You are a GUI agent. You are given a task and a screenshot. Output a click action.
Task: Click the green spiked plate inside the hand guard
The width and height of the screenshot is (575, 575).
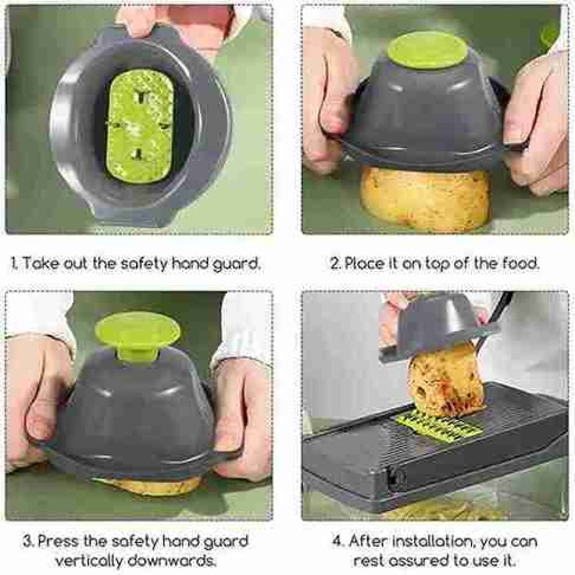coord(141,127)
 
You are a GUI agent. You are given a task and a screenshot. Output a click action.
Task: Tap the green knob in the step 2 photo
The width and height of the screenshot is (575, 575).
coord(427,50)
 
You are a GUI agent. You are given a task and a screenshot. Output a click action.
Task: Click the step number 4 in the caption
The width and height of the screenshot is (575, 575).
coord(337,542)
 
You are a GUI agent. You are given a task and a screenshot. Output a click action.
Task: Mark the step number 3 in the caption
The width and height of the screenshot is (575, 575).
coord(27,542)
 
